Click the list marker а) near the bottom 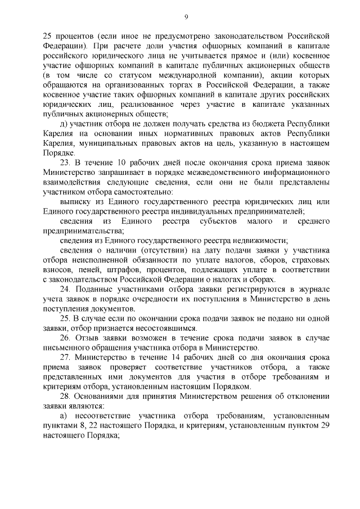tap(63, 416)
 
